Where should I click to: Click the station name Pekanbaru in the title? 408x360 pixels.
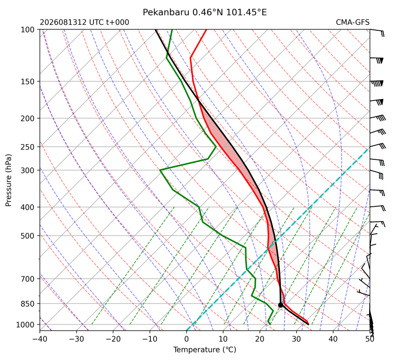pyautogui.click(x=166, y=12)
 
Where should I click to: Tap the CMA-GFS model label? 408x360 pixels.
pyautogui.click(x=352, y=22)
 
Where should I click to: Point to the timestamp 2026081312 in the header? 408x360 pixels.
pyautogui.click(x=63, y=22)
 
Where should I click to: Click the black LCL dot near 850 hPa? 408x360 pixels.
pyautogui.click(x=280, y=305)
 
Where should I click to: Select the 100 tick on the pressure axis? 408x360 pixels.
pyautogui.click(x=28, y=30)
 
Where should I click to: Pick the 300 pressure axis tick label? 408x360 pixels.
pyautogui.click(x=28, y=170)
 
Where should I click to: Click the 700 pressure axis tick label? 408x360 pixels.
pyautogui.click(x=28, y=279)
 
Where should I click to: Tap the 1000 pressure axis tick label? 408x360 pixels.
pyautogui.click(x=25, y=324)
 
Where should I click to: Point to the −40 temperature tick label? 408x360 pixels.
pyautogui.click(x=40, y=339)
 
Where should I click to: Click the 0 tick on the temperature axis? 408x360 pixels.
pyautogui.click(x=186, y=339)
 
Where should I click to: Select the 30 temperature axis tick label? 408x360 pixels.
pyautogui.click(x=297, y=339)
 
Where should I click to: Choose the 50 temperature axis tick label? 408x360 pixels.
pyautogui.click(x=370, y=339)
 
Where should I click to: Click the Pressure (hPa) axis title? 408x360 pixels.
pyautogui.click(x=9, y=180)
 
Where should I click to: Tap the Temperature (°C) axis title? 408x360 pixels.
pyautogui.click(x=205, y=350)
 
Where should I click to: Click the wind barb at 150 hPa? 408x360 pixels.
pyautogui.click(x=377, y=83)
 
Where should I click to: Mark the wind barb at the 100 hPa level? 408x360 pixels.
pyautogui.click(x=377, y=33)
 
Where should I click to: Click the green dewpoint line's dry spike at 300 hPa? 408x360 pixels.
pyautogui.click(x=160, y=170)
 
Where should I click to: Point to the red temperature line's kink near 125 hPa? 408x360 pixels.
pyautogui.click(x=191, y=57)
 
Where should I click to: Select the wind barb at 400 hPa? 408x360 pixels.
pyautogui.click(x=378, y=208)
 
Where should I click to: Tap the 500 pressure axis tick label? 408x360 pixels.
pyautogui.click(x=28, y=236)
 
